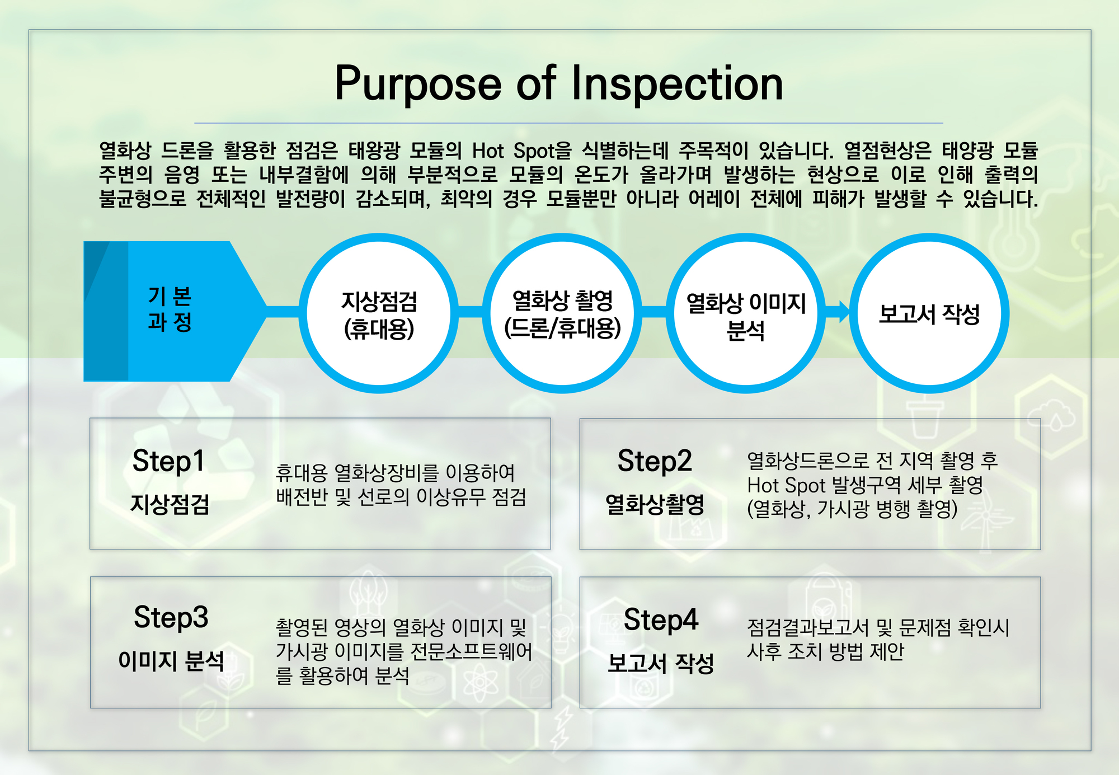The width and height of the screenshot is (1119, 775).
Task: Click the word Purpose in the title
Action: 419,84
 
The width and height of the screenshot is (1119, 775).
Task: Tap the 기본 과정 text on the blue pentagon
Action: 170,309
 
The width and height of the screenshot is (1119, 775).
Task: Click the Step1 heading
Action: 168,462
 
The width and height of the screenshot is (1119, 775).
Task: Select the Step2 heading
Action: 655,462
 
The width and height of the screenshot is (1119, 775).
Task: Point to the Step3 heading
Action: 171,618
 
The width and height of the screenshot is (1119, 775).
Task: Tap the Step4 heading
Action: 661,620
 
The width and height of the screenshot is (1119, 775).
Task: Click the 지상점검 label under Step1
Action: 170,504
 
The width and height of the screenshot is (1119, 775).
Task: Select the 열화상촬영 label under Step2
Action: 655,504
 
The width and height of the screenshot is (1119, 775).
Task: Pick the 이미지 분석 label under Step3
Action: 171,661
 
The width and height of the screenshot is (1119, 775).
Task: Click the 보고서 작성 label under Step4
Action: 661,663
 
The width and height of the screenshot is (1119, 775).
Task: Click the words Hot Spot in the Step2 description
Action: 786,485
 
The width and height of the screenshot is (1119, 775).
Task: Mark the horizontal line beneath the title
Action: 568,123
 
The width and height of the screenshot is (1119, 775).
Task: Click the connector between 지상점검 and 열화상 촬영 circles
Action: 471,312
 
